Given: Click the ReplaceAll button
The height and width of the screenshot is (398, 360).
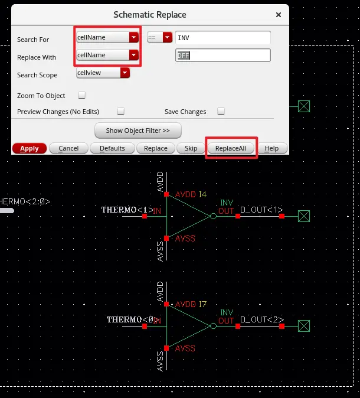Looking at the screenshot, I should pyautogui.click(x=234, y=148).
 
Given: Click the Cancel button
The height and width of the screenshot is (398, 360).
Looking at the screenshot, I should pyautogui.click(x=68, y=148).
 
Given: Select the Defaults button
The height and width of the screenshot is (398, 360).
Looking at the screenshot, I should pyautogui.click(x=112, y=148).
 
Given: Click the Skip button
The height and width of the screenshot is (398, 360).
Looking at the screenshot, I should pyautogui.click(x=191, y=148).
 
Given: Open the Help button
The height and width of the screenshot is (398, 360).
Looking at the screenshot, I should pyautogui.click(x=271, y=148).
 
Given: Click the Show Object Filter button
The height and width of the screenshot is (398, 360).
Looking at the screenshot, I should pyautogui.click(x=138, y=130).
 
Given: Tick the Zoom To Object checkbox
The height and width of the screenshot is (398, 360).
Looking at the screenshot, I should pyautogui.click(x=82, y=95).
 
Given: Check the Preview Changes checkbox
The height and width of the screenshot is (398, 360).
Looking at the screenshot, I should pyautogui.click(x=120, y=111).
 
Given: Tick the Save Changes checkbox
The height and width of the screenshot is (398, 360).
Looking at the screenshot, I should pyautogui.click(x=221, y=111).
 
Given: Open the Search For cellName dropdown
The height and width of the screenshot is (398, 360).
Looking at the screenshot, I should pyautogui.click(x=107, y=37).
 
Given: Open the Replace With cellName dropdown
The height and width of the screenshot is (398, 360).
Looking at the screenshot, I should pyautogui.click(x=107, y=55).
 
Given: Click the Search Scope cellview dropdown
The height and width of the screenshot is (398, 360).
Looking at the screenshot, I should pyautogui.click(x=103, y=73).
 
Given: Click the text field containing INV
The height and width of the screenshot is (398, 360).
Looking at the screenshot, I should pyautogui.click(x=223, y=38).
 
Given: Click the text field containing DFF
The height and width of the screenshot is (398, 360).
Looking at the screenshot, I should pyautogui.click(x=223, y=56).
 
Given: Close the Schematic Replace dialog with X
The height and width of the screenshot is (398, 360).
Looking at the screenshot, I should pyautogui.click(x=279, y=14).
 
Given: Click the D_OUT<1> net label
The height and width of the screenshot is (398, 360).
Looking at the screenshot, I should pyautogui.click(x=261, y=210).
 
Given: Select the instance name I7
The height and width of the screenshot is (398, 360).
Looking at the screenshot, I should pyautogui.click(x=202, y=304).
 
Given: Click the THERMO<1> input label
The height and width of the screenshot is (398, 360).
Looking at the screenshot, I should pyautogui.click(x=127, y=210).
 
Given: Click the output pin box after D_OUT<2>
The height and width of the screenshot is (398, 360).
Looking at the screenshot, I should pyautogui.click(x=304, y=326).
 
